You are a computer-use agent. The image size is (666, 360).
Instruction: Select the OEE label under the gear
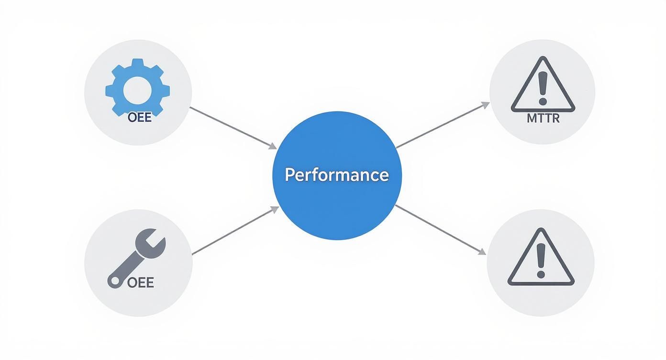point(140,117)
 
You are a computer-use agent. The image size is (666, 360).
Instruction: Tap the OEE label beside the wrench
point(141,282)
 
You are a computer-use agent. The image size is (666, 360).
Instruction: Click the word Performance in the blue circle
point(337,175)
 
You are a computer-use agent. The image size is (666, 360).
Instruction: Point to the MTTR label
point(543,118)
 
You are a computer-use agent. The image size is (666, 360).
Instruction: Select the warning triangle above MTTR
point(543,86)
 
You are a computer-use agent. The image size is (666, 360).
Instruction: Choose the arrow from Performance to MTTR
point(443,125)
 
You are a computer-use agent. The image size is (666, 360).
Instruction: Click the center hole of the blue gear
point(138,90)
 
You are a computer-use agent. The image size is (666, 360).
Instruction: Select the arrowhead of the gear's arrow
point(273,146)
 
